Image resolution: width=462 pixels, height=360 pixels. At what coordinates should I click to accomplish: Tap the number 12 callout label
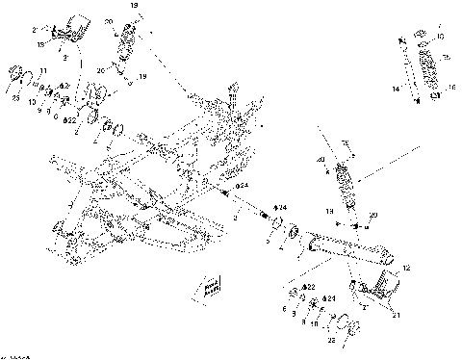pos(406,267)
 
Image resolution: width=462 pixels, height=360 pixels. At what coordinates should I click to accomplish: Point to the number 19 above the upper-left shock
pos(134,6)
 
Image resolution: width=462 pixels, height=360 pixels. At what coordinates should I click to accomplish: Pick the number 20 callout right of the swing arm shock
pos(373,214)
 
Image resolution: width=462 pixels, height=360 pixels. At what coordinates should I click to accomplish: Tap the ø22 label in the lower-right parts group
pos(308,287)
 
